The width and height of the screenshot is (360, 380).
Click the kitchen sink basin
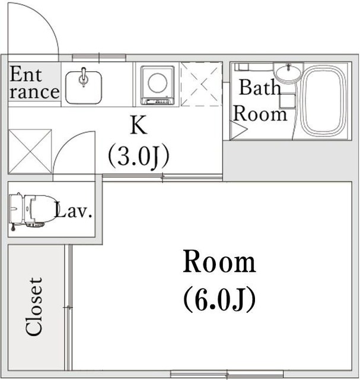coord(84,87)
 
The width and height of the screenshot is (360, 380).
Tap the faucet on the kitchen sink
coord(84,77)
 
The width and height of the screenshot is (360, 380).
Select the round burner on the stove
coord(157,83)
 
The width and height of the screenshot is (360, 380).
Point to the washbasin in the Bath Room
coord(288,72)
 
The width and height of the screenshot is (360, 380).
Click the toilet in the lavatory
coord(31,211)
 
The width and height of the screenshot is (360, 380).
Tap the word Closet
coord(34,307)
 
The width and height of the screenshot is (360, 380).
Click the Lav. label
coord(74,210)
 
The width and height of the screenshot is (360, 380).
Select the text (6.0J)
coord(219,299)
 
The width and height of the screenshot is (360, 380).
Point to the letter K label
coord(138,125)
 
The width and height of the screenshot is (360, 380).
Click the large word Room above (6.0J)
coord(219,262)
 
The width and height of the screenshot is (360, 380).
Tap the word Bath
coord(260,87)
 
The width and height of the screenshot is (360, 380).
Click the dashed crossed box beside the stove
coord(202,84)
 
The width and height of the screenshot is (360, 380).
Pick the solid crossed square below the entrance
coord(30,151)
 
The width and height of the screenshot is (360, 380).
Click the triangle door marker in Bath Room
coord(239,130)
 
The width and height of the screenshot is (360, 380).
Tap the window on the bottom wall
coord(227,373)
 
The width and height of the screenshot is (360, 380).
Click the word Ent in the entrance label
coord(26,74)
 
